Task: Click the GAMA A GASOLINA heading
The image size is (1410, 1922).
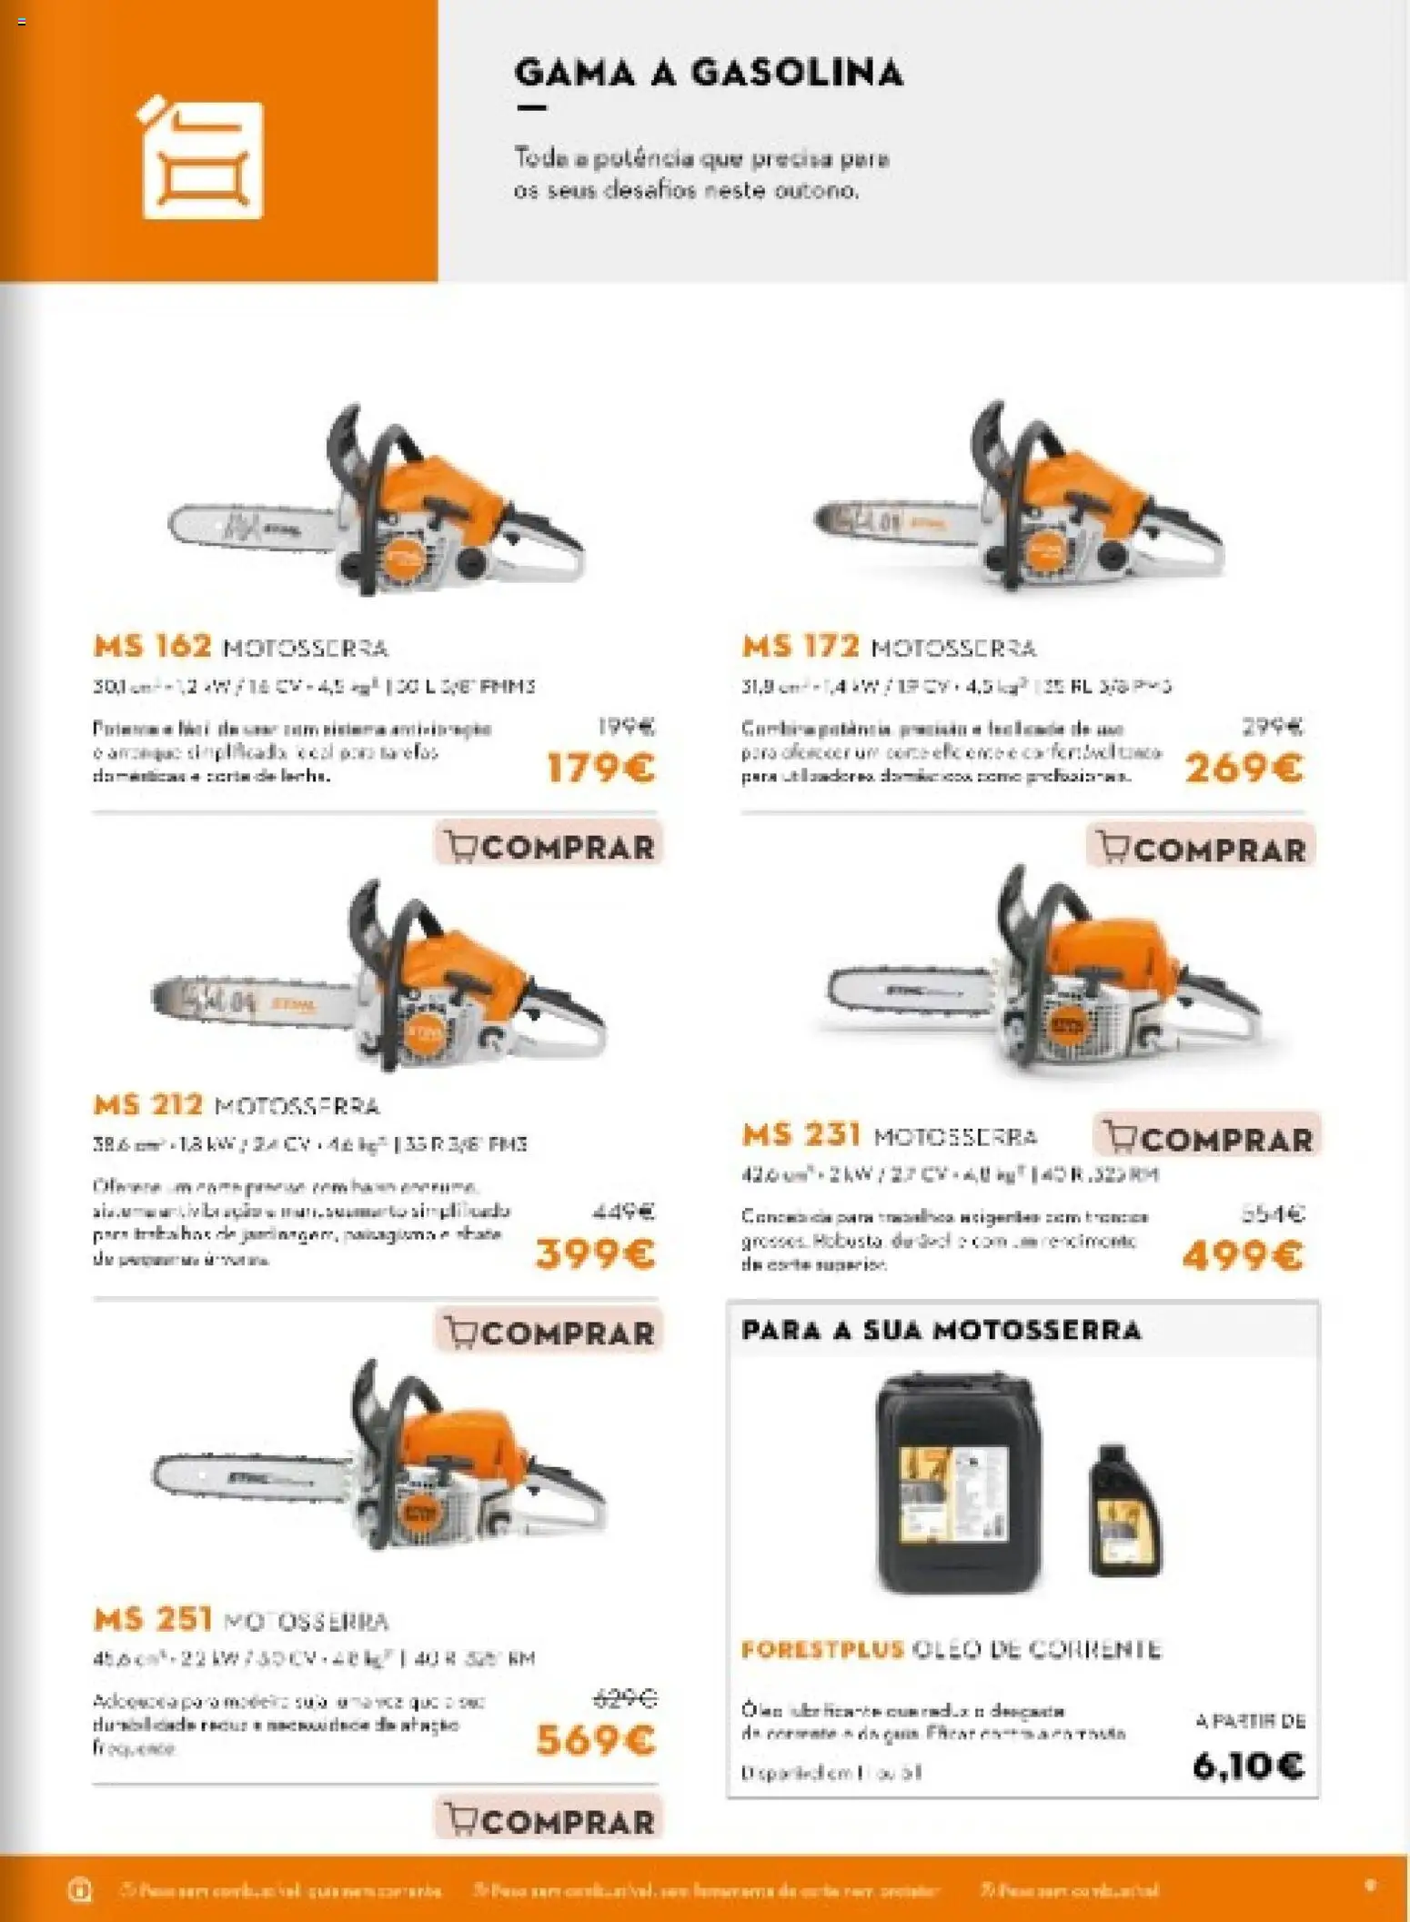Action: click(708, 73)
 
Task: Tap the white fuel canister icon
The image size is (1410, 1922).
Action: click(202, 160)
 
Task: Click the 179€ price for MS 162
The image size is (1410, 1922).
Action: click(600, 769)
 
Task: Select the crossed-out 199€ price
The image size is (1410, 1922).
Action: click(626, 726)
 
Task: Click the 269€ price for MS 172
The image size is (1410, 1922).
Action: click(1244, 769)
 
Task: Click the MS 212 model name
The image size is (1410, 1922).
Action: click(148, 1105)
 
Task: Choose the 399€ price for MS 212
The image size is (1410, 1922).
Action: click(595, 1254)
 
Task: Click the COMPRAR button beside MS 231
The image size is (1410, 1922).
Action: click(1208, 1138)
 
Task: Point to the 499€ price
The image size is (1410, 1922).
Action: click(1243, 1256)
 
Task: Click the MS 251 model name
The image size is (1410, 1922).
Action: click(153, 1618)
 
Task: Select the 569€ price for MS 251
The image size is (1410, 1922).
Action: click(595, 1740)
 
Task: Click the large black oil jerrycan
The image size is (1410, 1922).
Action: click(957, 1484)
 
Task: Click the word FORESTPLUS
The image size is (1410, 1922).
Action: click(822, 1649)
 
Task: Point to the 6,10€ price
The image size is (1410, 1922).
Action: click(1248, 1766)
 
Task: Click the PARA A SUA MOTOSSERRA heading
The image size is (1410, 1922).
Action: click(941, 1330)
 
